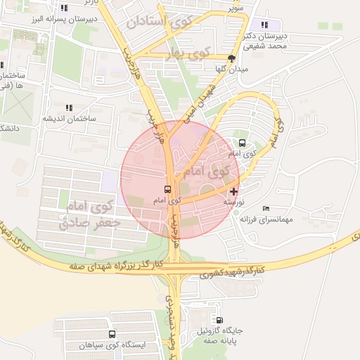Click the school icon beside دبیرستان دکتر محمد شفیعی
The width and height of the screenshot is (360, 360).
[x=264, y=25]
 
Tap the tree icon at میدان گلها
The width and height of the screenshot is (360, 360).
[x=231, y=58]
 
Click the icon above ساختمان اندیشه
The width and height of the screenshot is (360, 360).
[x=69, y=108]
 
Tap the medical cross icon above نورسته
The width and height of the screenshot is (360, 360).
[x=233, y=191]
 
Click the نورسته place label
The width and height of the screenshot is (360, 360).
[x=233, y=201]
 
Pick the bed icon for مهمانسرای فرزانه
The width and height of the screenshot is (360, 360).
[x=265, y=208]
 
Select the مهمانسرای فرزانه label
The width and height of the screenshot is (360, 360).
[x=265, y=219]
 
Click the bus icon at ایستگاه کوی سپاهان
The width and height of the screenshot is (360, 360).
[x=112, y=335]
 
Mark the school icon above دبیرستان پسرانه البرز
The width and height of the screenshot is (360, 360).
[x=64, y=8]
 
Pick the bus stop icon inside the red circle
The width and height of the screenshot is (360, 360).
[x=167, y=189]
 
